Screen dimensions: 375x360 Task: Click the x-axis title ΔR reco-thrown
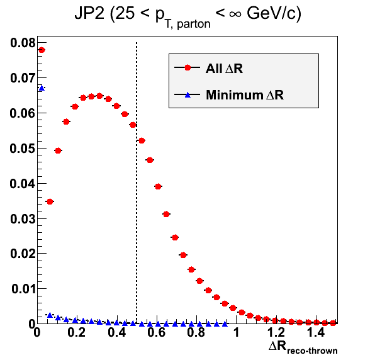click(303, 347)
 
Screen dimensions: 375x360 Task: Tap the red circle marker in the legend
click(187, 68)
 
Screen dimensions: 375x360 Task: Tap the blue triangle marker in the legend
click(187, 95)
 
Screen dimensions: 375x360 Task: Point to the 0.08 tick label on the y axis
click(23, 43)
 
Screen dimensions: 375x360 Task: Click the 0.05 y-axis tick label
click(23, 149)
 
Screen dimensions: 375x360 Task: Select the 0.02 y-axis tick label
click(23, 254)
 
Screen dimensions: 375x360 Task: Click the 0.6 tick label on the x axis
click(157, 332)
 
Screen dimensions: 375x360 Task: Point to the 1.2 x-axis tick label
click(276, 332)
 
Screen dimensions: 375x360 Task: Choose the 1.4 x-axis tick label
click(316, 332)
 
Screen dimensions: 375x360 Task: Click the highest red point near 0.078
click(42, 50)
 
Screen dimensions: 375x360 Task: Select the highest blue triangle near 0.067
click(42, 88)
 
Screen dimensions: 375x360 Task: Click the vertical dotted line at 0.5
click(137, 183)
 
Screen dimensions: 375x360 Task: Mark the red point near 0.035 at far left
click(50, 201)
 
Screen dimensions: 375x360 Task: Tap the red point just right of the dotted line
click(142, 140)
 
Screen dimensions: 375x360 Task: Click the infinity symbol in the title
click(235, 14)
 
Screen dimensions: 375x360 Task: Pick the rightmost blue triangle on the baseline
click(225, 324)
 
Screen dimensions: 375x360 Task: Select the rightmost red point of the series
click(333, 323)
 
